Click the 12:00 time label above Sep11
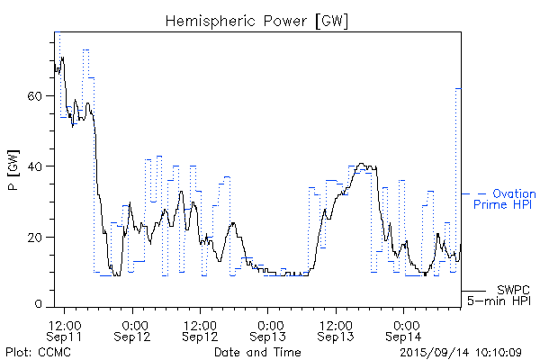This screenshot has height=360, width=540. point(66,324)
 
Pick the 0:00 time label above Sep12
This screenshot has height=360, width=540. point(133,324)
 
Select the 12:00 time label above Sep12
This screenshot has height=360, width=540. point(201,324)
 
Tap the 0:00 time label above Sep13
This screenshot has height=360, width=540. point(268,324)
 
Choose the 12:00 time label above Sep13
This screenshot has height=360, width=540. point(336,324)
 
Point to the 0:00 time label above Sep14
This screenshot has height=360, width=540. point(403,324)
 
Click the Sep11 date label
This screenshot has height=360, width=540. point(66,337)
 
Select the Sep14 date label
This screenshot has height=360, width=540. point(403,337)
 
